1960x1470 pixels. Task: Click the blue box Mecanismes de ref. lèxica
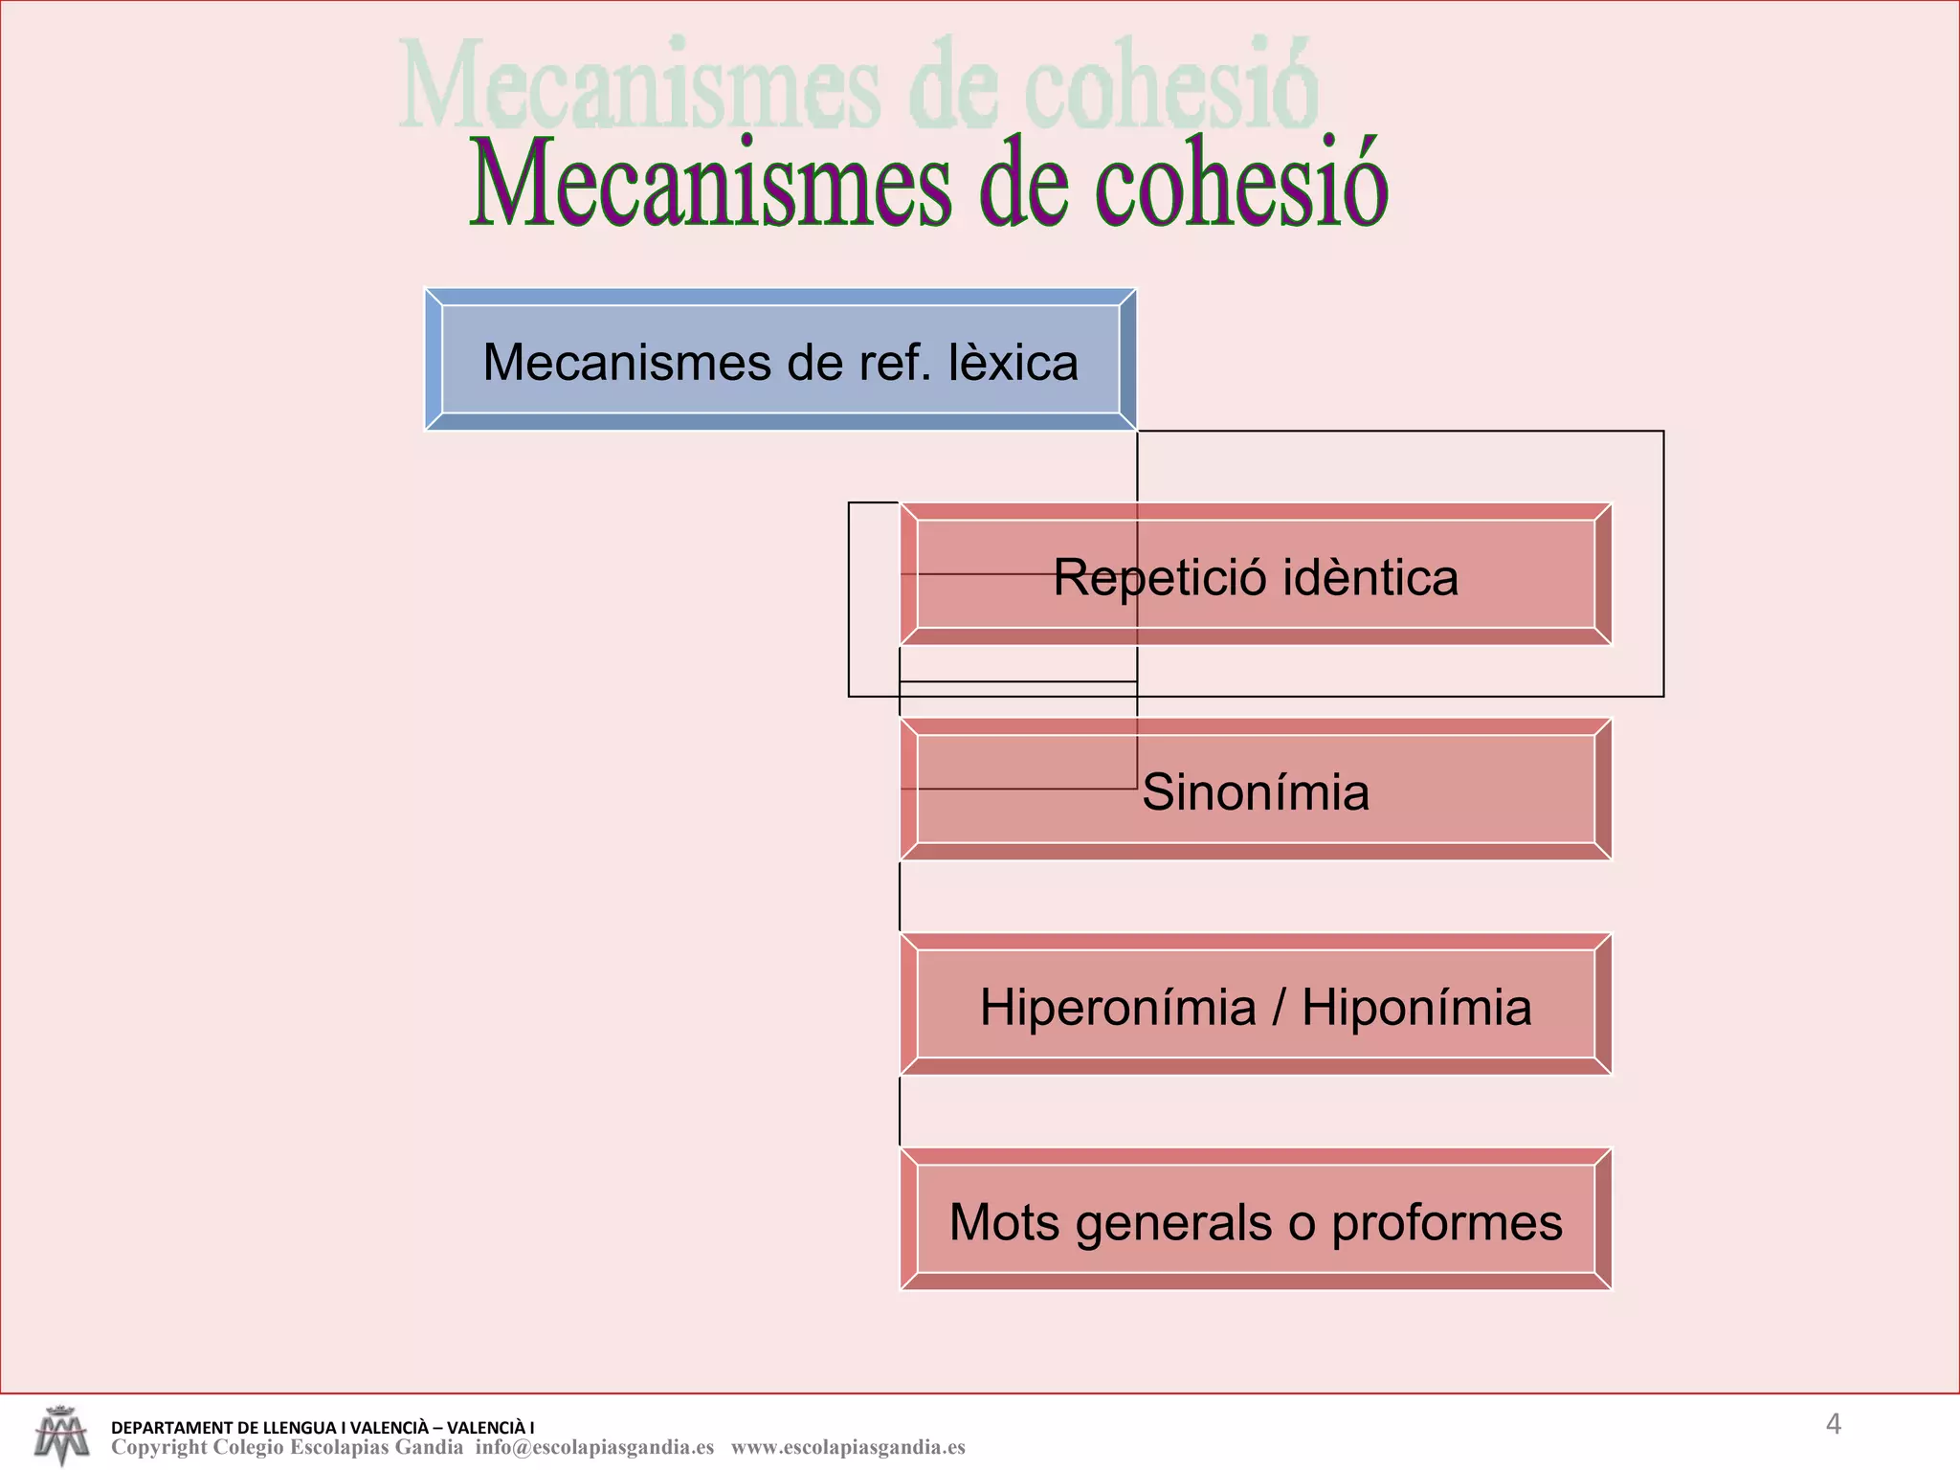[x=780, y=361]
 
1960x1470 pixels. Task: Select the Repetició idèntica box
[x=1256, y=575]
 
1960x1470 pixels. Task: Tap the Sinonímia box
[x=1256, y=791]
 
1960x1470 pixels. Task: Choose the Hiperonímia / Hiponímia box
[x=1256, y=1006]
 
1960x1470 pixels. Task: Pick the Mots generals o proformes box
[x=1256, y=1220]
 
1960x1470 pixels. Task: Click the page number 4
[x=1833, y=1424]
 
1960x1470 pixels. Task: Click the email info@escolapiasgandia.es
[x=594, y=1447]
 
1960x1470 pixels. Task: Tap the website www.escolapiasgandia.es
[x=848, y=1447]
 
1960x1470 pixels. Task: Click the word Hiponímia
[x=1416, y=1008]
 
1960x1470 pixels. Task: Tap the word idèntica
[x=1370, y=577]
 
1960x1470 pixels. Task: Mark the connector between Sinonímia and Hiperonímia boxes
[x=900, y=896]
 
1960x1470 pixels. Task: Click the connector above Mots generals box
[x=900, y=1111]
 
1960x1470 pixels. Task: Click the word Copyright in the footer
[x=159, y=1447]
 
